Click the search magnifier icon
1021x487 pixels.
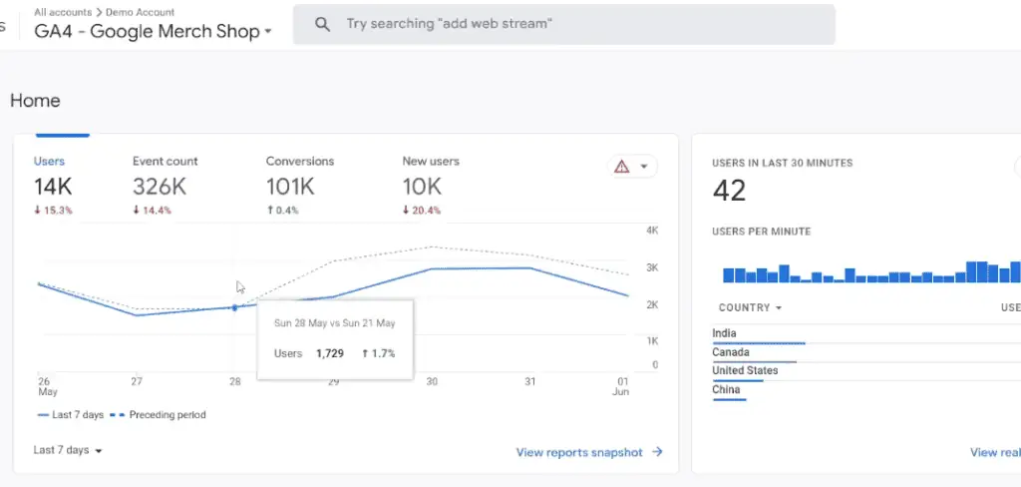[x=322, y=24]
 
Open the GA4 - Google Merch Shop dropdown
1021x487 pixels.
[x=154, y=31]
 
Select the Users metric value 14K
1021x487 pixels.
[x=52, y=186]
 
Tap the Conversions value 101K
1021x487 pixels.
[x=290, y=186]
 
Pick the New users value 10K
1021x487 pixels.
[x=422, y=186]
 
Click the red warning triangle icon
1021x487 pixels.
[x=622, y=167]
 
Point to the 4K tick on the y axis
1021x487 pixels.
[x=651, y=231]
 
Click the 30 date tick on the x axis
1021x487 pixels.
[x=432, y=381]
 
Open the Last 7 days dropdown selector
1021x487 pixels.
[x=68, y=450]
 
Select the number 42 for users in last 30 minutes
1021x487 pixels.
[x=730, y=191]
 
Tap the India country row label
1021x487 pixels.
[x=725, y=333]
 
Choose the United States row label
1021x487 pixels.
[x=745, y=370]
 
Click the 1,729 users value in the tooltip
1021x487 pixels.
[x=330, y=353]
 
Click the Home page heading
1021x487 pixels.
[x=35, y=101]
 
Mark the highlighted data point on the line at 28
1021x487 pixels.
[x=234, y=307]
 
